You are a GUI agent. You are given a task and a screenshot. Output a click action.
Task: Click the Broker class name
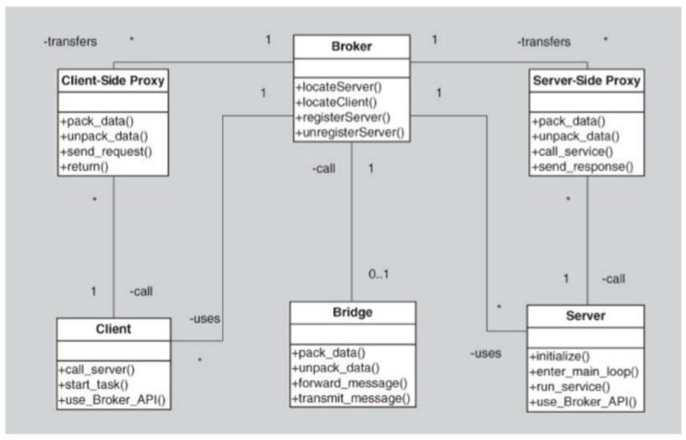point(351,47)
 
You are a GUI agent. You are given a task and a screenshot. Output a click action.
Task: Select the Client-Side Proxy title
point(113,80)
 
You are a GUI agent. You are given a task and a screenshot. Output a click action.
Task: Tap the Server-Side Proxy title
point(586,80)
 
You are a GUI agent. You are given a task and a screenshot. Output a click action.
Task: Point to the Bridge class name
point(353,312)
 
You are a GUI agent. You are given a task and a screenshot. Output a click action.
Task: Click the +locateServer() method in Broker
point(338,87)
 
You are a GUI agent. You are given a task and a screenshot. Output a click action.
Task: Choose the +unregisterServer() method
point(350,132)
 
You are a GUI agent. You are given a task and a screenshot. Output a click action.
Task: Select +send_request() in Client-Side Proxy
point(106,152)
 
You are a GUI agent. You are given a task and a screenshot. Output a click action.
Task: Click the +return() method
point(85,167)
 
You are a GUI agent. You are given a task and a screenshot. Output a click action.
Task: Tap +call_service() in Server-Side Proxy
point(572,152)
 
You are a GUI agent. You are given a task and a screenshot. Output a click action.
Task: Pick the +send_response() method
point(582,167)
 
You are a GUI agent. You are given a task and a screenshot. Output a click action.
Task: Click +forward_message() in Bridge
point(350,383)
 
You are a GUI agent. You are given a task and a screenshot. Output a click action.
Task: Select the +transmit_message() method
point(351,399)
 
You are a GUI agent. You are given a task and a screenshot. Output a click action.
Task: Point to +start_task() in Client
point(93,385)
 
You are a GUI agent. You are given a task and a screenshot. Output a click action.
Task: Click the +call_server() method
point(97,370)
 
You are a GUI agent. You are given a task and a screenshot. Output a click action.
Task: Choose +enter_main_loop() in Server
point(584,372)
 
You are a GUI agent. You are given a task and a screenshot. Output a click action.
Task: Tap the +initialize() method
point(559,357)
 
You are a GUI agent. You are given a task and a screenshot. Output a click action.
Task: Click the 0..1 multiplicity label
point(378,274)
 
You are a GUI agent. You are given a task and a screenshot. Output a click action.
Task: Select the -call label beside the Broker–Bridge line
point(324,168)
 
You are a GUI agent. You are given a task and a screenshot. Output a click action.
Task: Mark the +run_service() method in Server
point(570,387)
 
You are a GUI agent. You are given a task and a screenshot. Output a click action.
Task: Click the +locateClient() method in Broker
point(336,102)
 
